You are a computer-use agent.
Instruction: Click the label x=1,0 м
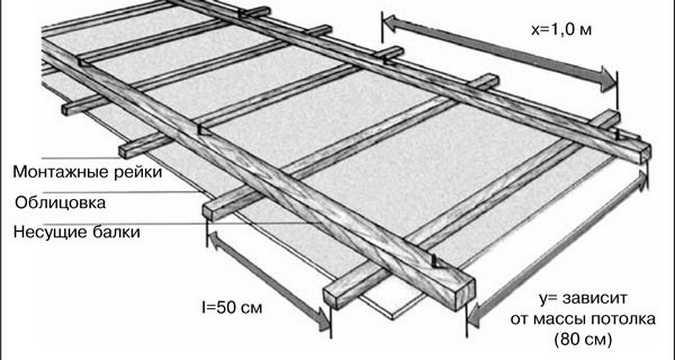(561, 31)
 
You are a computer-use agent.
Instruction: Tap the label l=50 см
(232, 308)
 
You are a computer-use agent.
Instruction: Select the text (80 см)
(583, 340)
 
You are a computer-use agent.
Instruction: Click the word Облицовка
(60, 202)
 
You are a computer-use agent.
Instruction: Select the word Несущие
(51, 233)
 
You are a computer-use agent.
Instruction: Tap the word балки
(117, 233)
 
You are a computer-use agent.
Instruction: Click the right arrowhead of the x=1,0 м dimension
(608, 80)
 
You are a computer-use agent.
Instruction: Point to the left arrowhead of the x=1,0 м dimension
(390, 23)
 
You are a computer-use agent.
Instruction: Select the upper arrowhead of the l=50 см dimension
(213, 239)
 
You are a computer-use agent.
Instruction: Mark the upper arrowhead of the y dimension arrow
(642, 180)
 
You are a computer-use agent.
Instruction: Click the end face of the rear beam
(645, 153)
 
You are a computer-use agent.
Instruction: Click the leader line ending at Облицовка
(122, 192)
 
